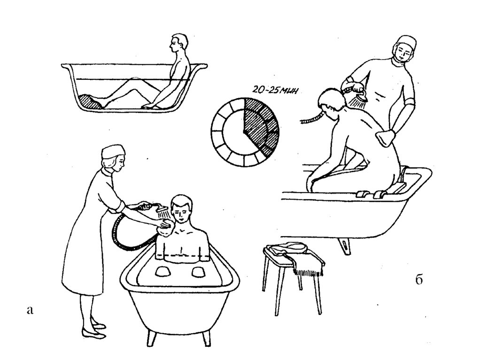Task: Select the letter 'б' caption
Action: point(419,280)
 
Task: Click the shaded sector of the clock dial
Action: point(261,124)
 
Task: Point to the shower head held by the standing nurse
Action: point(162,210)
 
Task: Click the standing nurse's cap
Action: point(113,151)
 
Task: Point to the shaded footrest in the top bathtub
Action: point(90,101)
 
